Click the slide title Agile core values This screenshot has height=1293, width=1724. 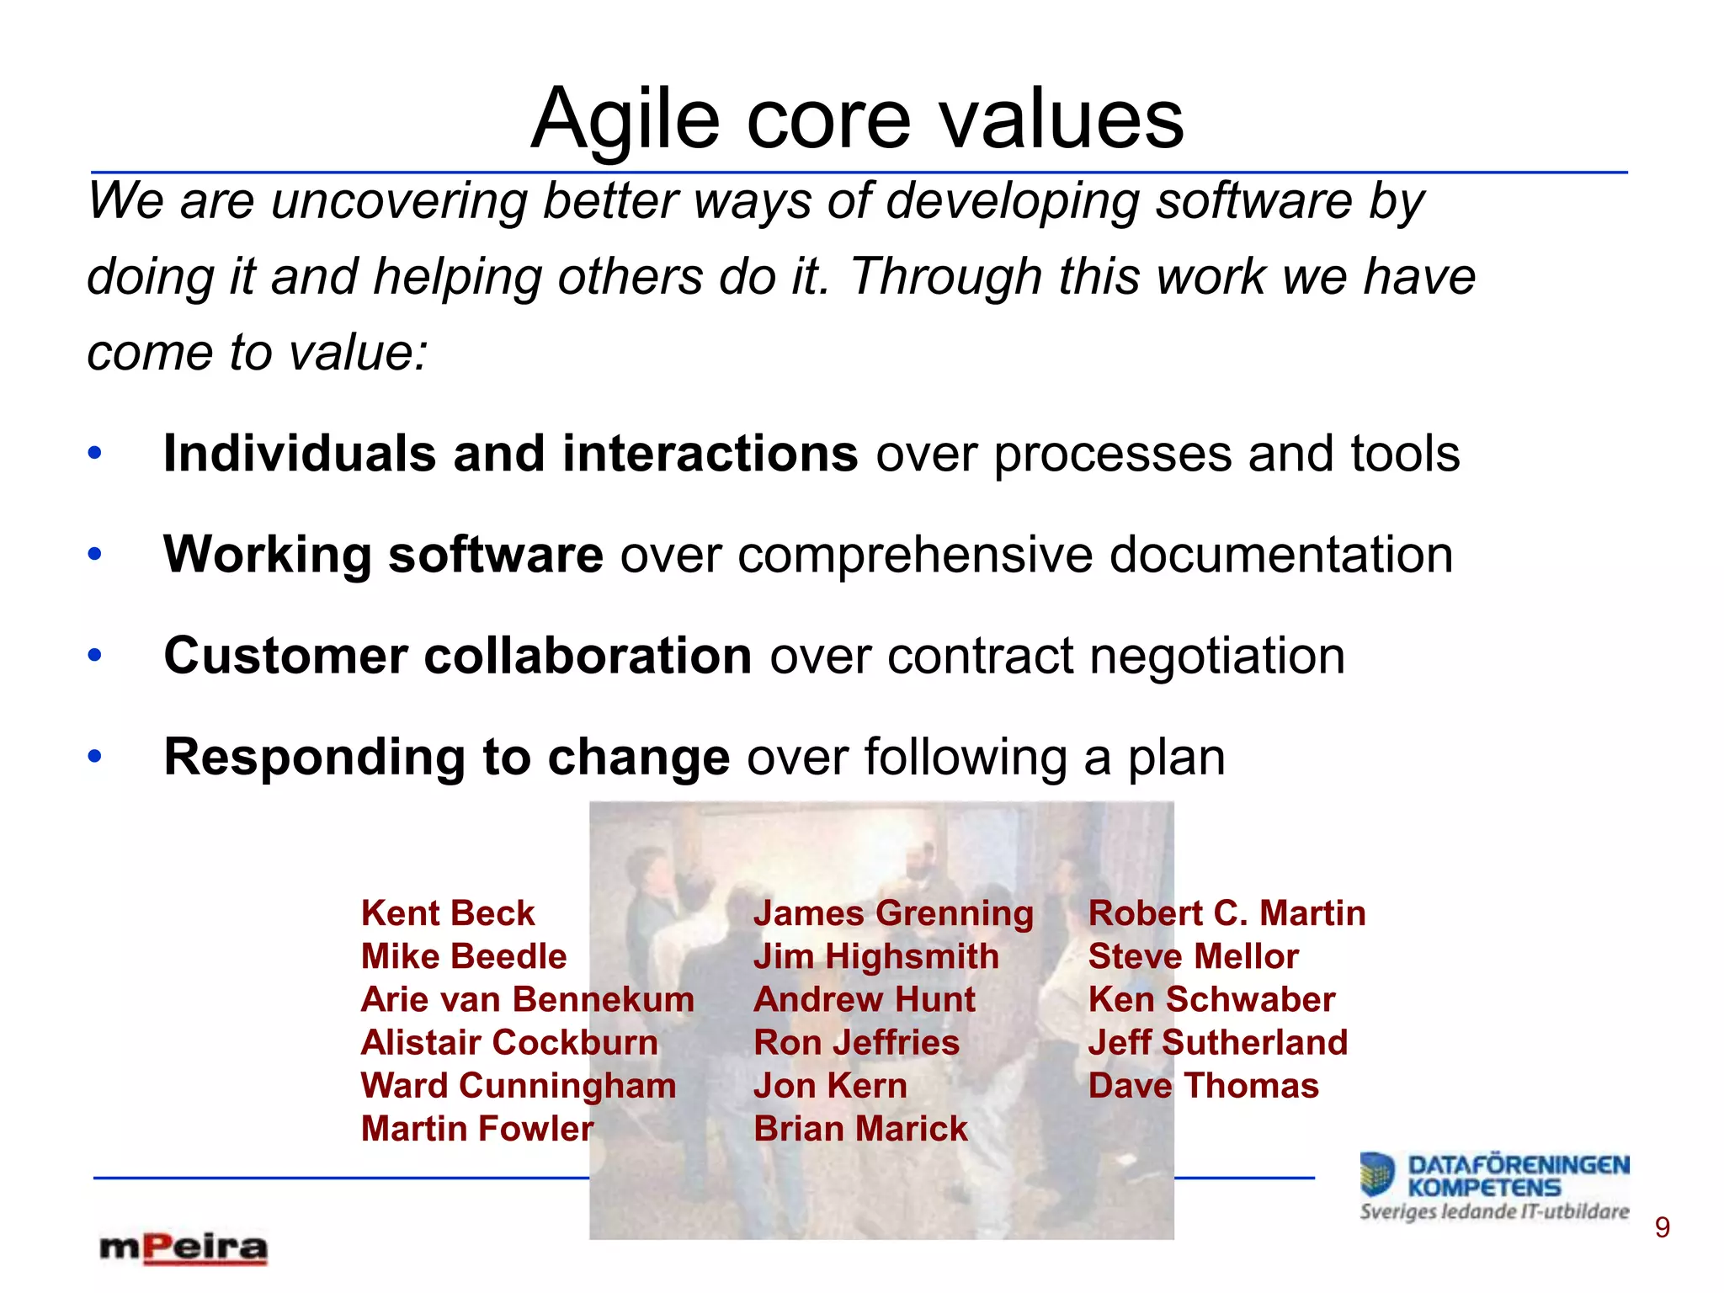pos(857,120)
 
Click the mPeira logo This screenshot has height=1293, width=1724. pos(184,1248)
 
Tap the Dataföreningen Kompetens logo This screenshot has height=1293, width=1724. pos(1494,1185)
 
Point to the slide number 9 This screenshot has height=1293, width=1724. pos(1662,1228)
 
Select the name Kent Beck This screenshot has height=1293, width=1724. pos(448,913)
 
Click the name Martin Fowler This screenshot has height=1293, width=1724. pos(477,1129)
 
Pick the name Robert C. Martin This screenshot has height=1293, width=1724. pos(1226,913)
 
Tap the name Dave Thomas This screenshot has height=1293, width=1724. pos(1203,1086)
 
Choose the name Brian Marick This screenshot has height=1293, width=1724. pos(860,1129)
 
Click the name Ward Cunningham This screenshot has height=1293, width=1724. pos(519,1086)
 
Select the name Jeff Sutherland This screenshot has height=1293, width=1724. pos(1217,1043)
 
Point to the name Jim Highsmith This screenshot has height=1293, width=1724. pos(875,957)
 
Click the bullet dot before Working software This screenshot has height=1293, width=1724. pos(95,554)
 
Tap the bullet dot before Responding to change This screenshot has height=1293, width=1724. pos(95,756)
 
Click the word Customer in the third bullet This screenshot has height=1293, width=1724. pos(285,656)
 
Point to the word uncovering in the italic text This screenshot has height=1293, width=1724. pos(398,202)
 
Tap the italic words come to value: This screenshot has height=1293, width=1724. pos(258,352)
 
